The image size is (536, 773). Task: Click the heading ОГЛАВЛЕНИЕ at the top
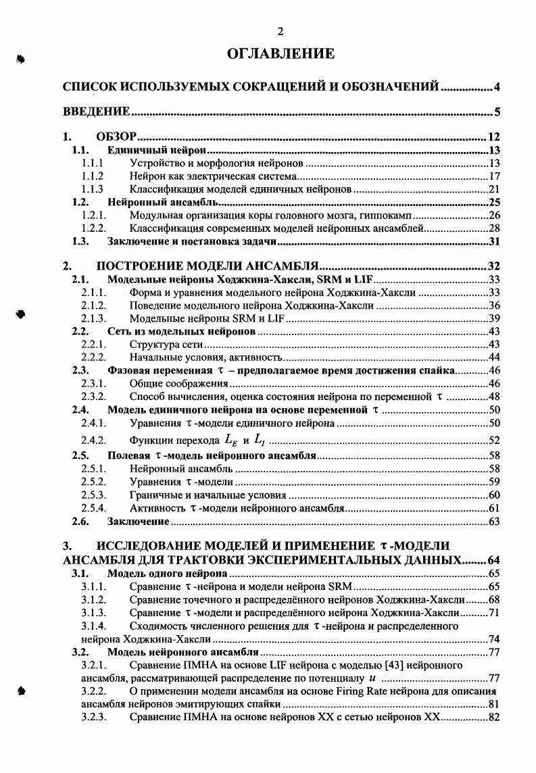[281, 53]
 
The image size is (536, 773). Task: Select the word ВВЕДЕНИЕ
[97, 111]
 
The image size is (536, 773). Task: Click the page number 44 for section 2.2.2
[493, 357]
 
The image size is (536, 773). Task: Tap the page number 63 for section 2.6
[493, 521]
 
